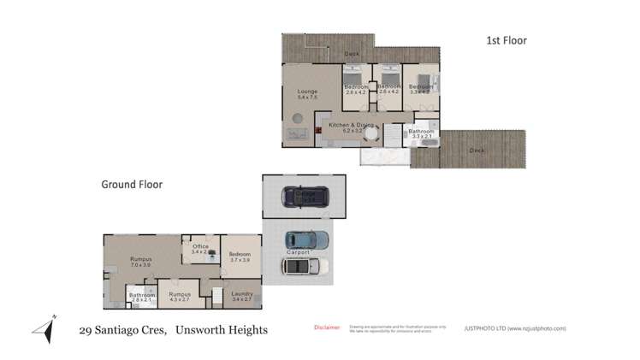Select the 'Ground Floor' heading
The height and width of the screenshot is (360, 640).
(132, 184)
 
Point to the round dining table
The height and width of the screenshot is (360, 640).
(370, 133)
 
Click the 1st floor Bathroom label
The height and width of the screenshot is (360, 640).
(421, 133)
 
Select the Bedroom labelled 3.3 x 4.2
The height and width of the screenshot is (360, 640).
(420, 89)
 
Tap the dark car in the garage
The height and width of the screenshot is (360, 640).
(305, 198)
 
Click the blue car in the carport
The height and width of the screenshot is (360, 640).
(305, 240)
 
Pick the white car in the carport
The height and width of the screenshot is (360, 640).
(305, 266)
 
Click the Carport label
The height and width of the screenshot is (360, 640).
(298, 253)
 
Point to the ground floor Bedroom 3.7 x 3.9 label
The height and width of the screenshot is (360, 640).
(240, 257)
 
